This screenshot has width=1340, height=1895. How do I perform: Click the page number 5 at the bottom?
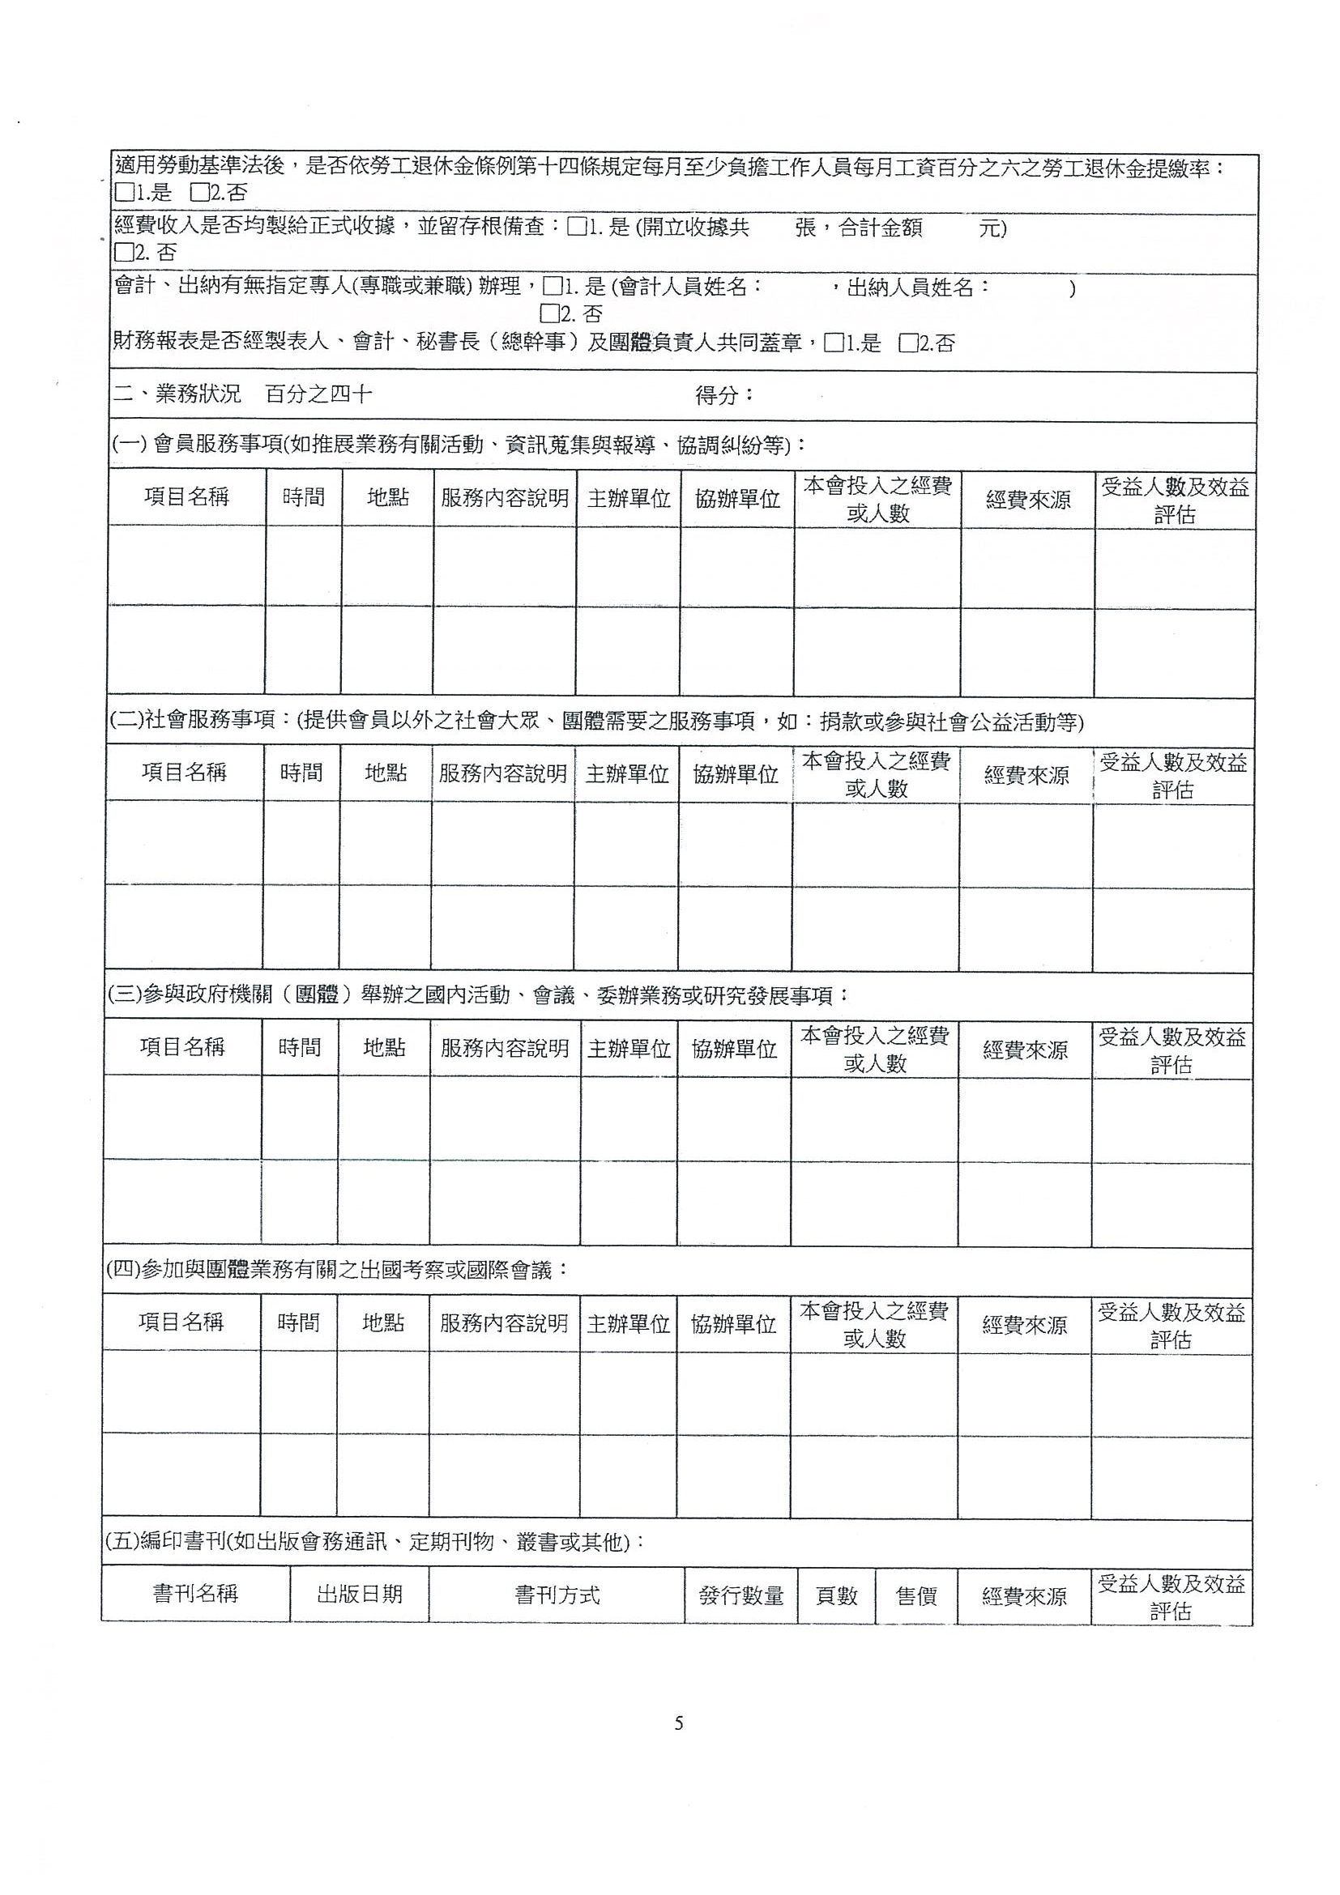tap(679, 1723)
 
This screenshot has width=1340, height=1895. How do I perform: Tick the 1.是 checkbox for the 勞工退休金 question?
tap(125, 192)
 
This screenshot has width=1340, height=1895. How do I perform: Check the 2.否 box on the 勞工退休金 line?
tap(200, 192)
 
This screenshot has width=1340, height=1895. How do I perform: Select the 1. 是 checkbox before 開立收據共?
tap(577, 227)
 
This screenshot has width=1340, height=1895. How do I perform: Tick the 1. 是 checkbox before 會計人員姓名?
tap(552, 287)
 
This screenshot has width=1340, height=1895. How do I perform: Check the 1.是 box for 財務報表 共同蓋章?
tap(834, 343)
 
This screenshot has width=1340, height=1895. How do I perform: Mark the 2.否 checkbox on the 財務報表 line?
tap(908, 343)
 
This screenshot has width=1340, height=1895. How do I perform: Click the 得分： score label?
tap(724, 395)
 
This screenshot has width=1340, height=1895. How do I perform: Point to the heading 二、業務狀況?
tap(177, 394)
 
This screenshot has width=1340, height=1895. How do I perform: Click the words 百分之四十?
tap(318, 394)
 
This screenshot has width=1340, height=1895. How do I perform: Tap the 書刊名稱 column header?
tap(196, 1594)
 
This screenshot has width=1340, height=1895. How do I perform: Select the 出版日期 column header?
tap(359, 1594)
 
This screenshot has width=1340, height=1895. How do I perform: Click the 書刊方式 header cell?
tap(557, 1595)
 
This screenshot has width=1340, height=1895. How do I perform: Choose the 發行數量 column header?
tap(740, 1595)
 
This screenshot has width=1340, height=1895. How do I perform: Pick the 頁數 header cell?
tap(836, 1595)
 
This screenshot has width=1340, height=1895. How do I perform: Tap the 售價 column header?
tap(916, 1595)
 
